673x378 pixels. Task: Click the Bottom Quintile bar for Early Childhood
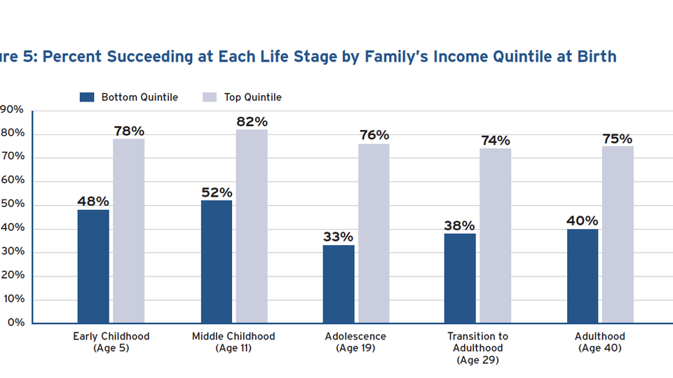point(93,266)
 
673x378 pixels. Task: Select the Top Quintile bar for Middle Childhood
point(251,226)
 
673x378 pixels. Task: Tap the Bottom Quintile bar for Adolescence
point(339,283)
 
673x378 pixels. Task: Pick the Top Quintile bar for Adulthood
point(618,234)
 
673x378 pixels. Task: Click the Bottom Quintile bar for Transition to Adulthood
point(460,278)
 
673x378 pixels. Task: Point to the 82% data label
point(252,122)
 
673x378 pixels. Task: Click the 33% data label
point(339,237)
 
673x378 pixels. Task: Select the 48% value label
point(93,202)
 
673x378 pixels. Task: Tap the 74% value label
point(495,141)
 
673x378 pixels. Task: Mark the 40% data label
point(583,220)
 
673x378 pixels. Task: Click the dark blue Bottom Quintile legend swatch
point(86,97)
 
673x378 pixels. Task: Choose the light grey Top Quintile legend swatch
point(210,97)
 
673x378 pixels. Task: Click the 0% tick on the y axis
point(15,323)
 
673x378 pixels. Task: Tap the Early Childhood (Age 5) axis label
point(111,342)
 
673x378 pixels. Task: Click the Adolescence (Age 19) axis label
point(355,342)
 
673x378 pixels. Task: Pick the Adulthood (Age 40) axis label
point(600,342)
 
